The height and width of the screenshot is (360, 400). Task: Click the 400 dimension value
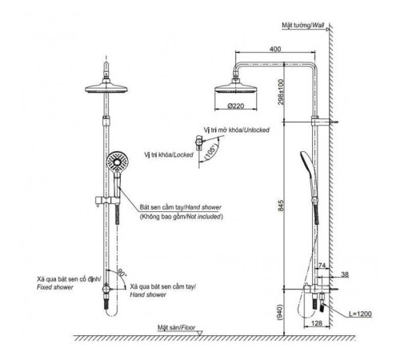275,49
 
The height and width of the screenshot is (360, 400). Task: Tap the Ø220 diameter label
236,106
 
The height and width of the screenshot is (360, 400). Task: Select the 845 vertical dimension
281,206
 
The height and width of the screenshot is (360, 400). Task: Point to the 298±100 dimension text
281,92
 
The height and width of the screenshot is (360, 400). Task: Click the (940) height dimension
280,312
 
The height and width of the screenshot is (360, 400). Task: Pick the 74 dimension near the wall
322,265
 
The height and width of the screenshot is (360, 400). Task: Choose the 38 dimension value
345,274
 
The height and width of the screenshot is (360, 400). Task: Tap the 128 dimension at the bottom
317,323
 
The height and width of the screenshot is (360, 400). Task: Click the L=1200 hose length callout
360,314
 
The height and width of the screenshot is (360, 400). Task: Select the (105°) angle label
210,152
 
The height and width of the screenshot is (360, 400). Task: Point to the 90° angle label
121,273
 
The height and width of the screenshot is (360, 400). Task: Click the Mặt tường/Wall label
303,26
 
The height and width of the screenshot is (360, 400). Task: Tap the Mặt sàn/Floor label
176,327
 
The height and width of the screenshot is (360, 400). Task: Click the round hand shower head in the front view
118,162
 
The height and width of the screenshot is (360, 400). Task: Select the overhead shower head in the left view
106,88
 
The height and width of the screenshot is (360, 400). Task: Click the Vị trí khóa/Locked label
169,154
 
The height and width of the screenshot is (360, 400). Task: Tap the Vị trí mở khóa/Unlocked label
237,130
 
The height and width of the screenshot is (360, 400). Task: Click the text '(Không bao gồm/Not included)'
182,216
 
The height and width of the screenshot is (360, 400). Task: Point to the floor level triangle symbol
199,333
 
